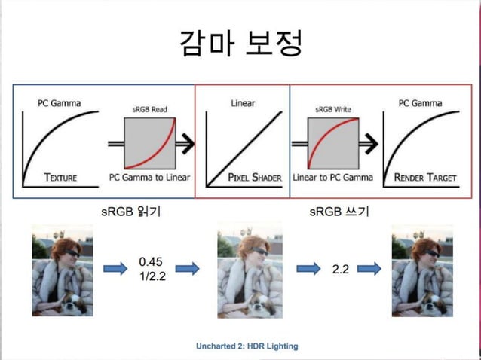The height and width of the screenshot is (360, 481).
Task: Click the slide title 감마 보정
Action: (240, 43)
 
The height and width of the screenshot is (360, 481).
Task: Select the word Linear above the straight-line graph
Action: (242, 102)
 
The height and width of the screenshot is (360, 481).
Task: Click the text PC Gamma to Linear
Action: (150, 178)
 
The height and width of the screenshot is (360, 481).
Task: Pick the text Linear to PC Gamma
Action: (332, 178)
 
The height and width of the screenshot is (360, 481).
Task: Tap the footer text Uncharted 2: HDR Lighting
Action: (247, 346)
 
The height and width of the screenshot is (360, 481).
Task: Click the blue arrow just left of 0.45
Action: (115, 268)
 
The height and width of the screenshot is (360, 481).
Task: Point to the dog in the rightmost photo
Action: (423, 301)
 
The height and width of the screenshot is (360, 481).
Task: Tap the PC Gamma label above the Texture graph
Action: (60, 102)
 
